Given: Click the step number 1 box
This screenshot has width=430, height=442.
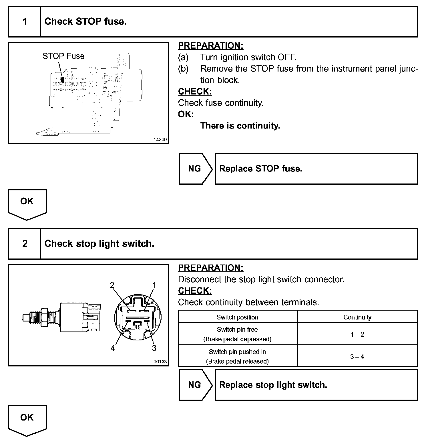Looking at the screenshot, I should [25, 22].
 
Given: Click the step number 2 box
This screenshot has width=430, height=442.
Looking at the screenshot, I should [25, 244].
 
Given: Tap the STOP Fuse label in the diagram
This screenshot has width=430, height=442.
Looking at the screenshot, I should [63, 56].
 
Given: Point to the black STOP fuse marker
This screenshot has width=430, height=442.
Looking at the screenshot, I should [62, 80].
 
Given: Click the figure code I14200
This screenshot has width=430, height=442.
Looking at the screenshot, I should [160, 140].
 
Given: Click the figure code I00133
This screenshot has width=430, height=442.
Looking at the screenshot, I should [160, 362].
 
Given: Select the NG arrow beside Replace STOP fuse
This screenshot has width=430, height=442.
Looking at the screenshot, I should [195, 169].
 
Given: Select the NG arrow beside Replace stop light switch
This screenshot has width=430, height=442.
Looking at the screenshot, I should [195, 385].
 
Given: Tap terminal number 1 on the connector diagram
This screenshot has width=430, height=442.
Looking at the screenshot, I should [154, 285].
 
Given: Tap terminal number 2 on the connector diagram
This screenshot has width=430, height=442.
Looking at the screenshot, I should [112, 285].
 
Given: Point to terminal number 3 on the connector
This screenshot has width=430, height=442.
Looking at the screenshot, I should [154, 348].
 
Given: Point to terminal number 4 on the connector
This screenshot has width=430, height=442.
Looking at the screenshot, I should [113, 348].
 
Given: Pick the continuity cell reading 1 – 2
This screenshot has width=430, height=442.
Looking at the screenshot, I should [357, 334].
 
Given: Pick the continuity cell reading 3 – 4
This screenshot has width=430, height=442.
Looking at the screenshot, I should [357, 357].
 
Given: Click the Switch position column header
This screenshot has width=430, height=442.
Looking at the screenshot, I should [237, 317].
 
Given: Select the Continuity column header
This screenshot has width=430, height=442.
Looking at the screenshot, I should [357, 317].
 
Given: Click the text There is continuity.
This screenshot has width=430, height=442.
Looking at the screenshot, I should [240, 126].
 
